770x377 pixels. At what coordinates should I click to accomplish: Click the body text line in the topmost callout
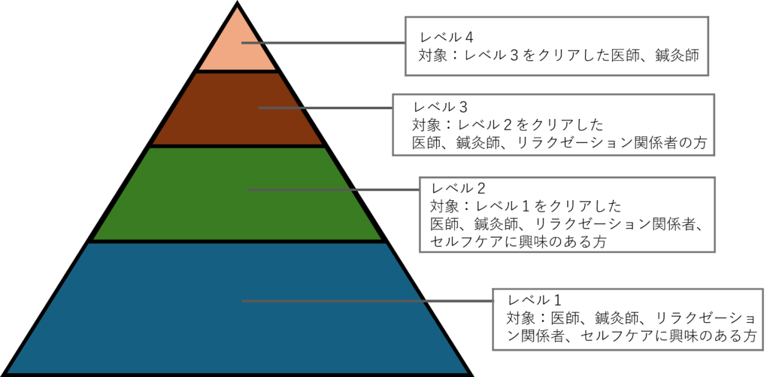[560, 56]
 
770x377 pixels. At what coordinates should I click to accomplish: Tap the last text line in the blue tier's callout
[624, 336]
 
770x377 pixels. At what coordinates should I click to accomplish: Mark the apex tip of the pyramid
[238, 8]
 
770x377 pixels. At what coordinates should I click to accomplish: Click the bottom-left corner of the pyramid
[8, 372]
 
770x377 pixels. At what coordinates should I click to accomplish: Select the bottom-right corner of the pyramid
[467, 372]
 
